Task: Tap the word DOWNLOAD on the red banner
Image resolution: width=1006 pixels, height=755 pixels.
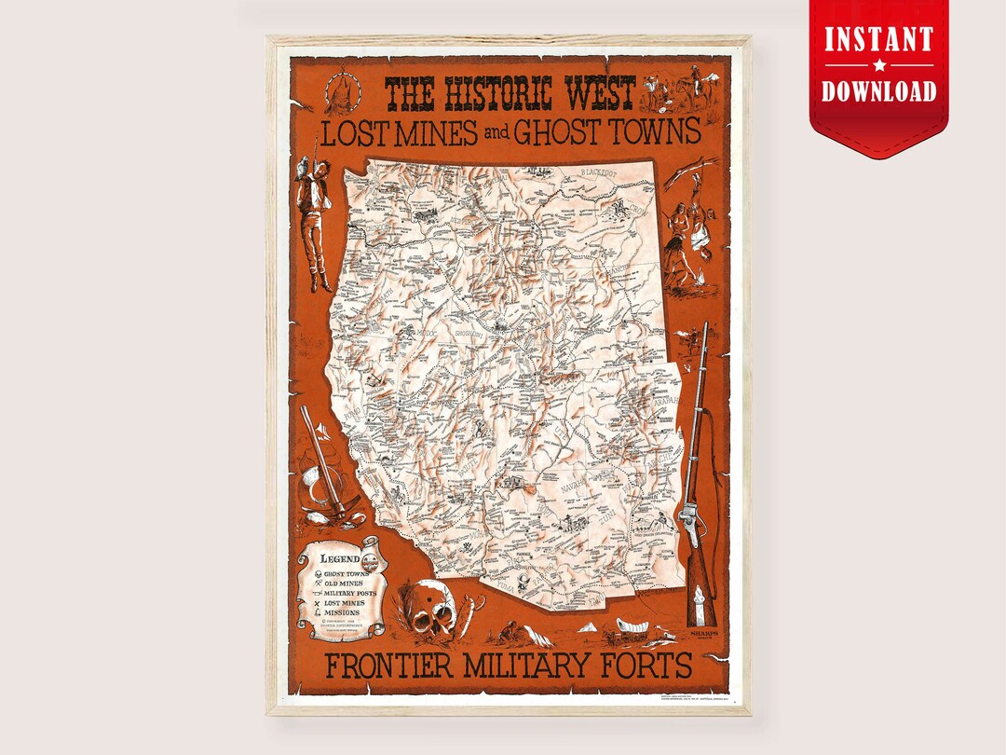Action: (878, 90)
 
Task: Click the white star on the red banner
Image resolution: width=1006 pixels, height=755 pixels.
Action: (878, 66)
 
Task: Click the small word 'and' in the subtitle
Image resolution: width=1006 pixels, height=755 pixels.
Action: (496, 134)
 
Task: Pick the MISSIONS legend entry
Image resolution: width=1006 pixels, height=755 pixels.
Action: (341, 613)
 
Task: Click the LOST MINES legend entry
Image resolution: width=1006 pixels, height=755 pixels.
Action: (344, 603)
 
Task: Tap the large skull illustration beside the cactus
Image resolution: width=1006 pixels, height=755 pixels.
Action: (431, 611)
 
